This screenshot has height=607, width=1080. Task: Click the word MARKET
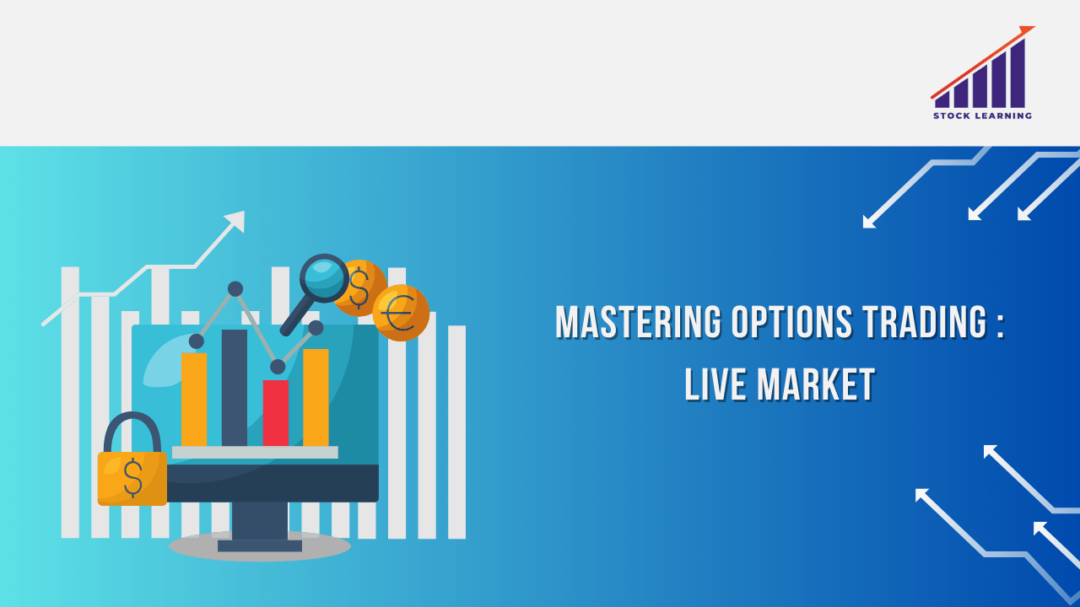pyautogui.click(x=816, y=384)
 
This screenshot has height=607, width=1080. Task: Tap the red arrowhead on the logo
pyautogui.click(x=1026, y=30)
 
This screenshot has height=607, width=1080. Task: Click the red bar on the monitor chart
pyautogui.click(x=276, y=413)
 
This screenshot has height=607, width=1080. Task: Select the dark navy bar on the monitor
pyautogui.click(x=235, y=388)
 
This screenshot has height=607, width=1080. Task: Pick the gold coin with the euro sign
pyautogui.click(x=401, y=313)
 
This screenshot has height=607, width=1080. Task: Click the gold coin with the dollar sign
pyautogui.click(x=360, y=288)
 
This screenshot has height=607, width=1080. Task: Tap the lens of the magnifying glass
pyautogui.click(x=324, y=278)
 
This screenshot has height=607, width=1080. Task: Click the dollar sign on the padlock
pyautogui.click(x=132, y=478)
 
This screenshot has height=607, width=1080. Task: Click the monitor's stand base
pyautogui.click(x=260, y=545)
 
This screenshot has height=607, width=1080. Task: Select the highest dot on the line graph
pyautogui.click(x=235, y=289)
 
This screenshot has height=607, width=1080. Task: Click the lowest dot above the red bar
pyautogui.click(x=278, y=367)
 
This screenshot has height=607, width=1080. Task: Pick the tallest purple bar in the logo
pyautogui.click(x=1018, y=73)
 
